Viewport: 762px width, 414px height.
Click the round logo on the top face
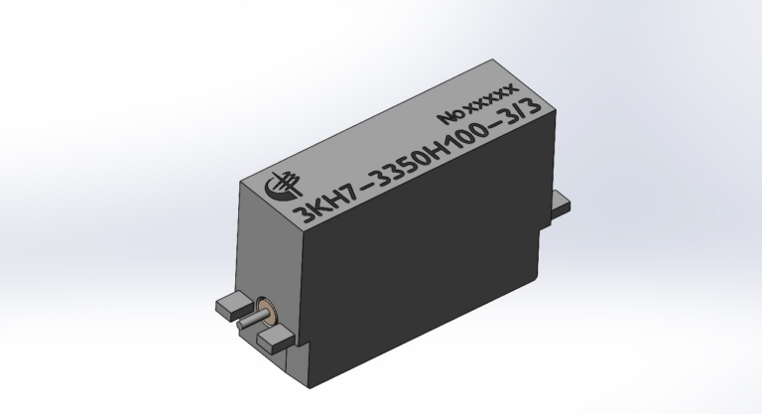283,186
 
